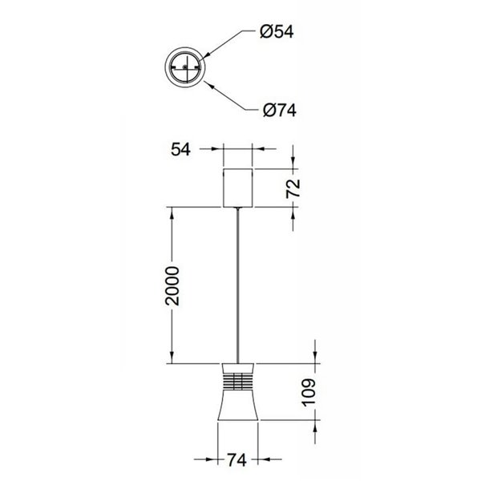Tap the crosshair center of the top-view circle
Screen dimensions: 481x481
[185, 68]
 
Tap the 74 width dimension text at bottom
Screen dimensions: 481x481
[237, 461]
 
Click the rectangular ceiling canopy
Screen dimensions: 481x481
[237, 188]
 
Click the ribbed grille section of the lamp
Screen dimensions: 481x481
[237, 381]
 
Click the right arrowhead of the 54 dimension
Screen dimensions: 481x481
[257, 148]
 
